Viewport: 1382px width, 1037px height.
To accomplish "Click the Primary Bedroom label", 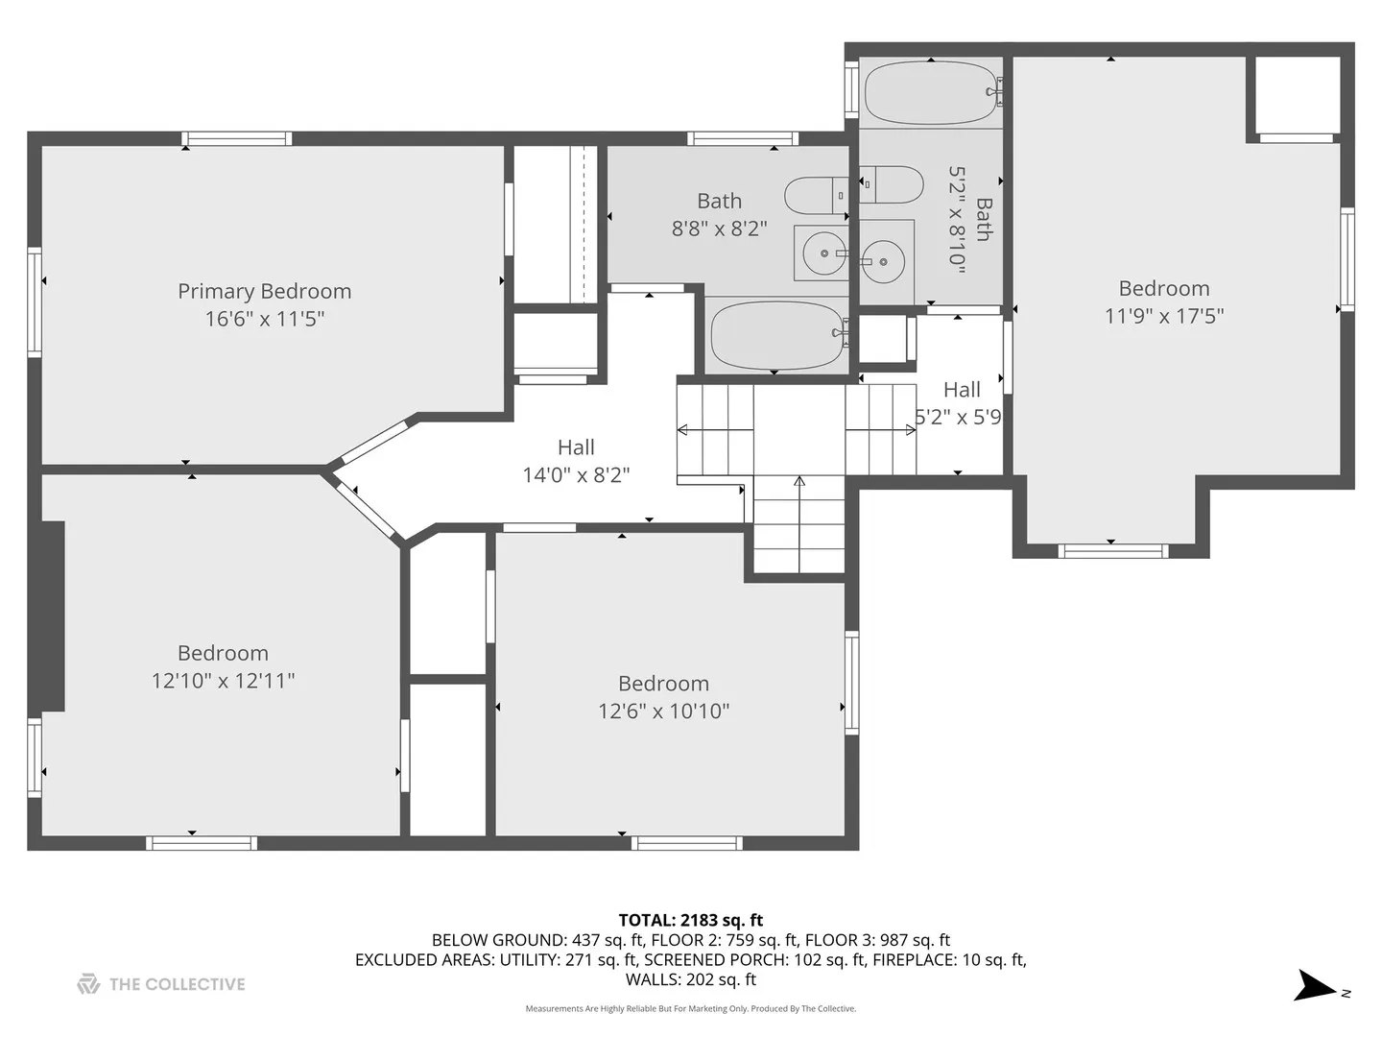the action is point(265,292).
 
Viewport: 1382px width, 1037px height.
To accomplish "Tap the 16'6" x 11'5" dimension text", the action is point(265,319).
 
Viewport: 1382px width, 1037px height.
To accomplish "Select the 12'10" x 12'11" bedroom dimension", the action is point(223,681).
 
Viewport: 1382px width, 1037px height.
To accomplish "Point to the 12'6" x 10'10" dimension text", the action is point(663,711).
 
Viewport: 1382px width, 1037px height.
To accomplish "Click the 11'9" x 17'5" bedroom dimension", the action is point(1164,316).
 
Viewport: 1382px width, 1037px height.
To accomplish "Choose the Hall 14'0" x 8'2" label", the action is point(576,461).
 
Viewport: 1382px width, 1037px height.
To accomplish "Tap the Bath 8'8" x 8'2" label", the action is point(719,215).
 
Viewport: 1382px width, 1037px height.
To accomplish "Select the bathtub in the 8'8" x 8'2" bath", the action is point(777,336).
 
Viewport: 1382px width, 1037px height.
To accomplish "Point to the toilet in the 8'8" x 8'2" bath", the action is point(816,195).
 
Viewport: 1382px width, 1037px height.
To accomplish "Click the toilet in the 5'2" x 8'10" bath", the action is point(892,184).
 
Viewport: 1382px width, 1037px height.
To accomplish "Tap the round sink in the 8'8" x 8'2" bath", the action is point(824,253).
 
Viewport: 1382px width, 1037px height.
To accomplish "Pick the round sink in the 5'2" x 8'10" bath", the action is point(884,261).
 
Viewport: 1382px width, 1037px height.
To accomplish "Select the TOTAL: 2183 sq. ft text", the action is point(691,921).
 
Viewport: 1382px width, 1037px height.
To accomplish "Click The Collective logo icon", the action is point(88,984).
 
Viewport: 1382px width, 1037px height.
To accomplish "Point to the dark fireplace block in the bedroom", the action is point(53,616).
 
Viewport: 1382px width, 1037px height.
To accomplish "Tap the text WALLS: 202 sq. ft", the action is point(691,979).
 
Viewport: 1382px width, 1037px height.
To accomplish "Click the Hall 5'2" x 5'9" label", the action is point(960,403).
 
